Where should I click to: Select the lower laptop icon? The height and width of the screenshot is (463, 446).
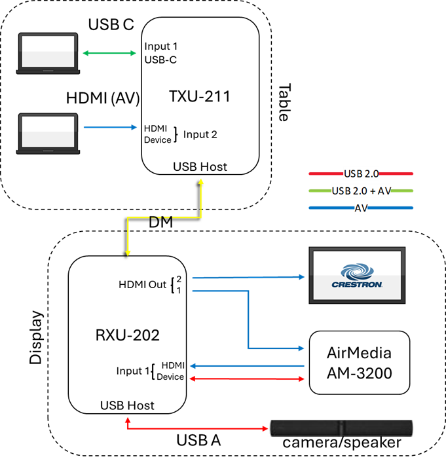[x=48, y=134]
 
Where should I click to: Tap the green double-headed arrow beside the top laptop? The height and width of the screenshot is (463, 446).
[x=109, y=53]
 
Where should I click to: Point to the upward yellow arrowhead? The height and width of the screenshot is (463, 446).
[x=201, y=181]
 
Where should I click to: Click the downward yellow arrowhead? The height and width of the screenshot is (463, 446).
[x=128, y=251]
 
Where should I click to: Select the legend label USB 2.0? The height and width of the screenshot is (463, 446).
[x=361, y=174]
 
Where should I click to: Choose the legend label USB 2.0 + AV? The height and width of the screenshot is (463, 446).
[x=361, y=191]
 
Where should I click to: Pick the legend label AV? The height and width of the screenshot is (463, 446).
[x=361, y=208]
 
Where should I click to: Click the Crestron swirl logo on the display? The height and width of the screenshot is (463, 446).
[x=357, y=271]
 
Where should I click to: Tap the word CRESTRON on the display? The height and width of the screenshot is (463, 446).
[x=357, y=285]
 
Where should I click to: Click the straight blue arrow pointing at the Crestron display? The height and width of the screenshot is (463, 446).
[x=249, y=277]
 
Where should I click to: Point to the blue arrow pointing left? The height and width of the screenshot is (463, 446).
[x=246, y=366]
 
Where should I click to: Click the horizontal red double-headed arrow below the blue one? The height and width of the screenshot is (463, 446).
[x=246, y=379]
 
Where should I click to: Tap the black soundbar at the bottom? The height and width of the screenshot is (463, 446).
[x=341, y=428]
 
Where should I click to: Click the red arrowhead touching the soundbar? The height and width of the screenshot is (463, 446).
[x=265, y=429]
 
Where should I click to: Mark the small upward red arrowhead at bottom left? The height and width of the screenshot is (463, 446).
[x=128, y=419]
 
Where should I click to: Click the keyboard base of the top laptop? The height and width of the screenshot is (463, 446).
[x=48, y=71]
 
